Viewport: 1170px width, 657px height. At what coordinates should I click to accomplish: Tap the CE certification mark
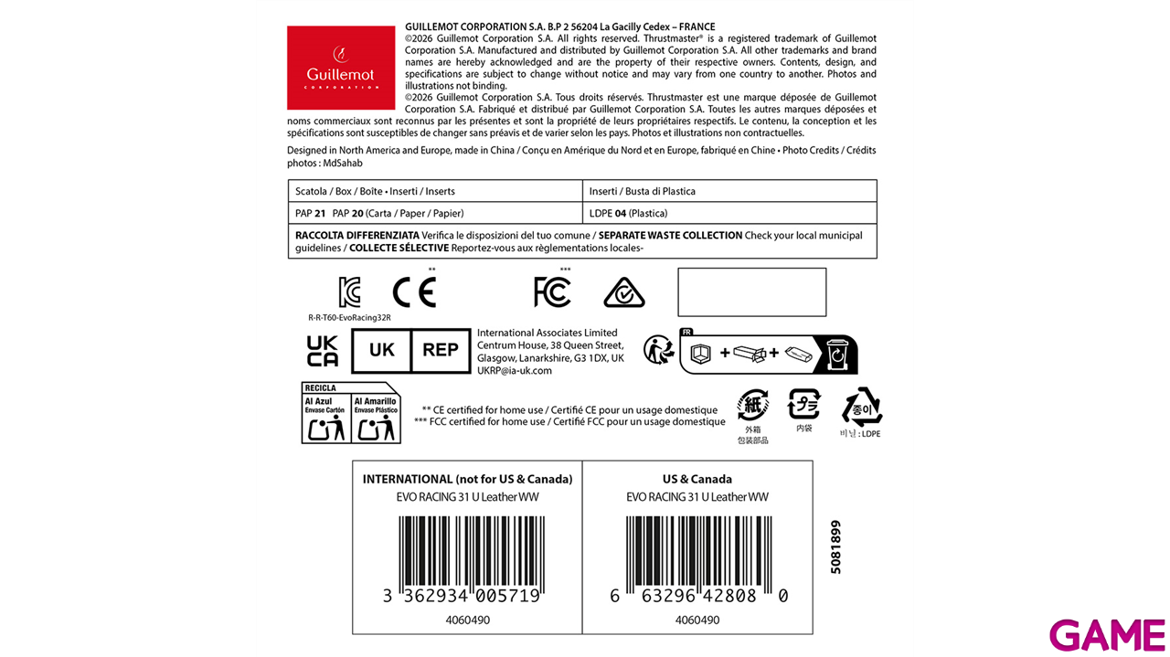(414, 291)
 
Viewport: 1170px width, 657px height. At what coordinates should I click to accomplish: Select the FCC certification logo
(552, 291)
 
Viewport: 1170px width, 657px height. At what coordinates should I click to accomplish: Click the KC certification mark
(349, 291)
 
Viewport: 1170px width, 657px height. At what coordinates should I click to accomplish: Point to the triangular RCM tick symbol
(625, 291)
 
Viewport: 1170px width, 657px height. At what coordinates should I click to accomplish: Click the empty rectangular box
(751, 291)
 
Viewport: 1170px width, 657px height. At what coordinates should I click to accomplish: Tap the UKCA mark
(323, 351)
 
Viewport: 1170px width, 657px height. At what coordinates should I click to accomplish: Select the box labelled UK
(381, 351)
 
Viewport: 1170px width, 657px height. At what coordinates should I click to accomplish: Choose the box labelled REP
(440, 351)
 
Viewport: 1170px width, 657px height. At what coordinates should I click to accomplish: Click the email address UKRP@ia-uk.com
(515, 370)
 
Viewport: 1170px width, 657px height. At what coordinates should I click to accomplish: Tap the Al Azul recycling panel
(326, 418)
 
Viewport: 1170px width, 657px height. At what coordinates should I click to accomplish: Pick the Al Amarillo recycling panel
(376, 418)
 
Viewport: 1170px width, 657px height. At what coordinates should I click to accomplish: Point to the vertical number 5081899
(835, 546)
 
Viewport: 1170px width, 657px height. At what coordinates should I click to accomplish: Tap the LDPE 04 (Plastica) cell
(628, 213)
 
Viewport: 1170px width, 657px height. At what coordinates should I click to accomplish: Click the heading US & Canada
(697, 479)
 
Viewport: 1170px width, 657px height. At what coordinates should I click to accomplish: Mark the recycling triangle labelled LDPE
(861, 408)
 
